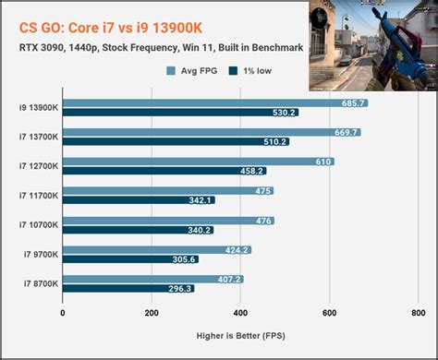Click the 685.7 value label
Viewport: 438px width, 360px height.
tap(352, 103)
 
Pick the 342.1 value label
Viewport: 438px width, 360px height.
tap(200, 200)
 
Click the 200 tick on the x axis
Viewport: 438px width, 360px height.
tap(151, 312)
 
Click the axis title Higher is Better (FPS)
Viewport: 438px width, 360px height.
tap(239, 336)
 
